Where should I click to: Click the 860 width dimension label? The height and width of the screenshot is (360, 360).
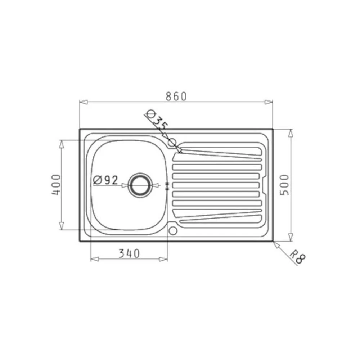tap(176, 96)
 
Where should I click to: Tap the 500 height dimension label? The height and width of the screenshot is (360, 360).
tap(284, 185)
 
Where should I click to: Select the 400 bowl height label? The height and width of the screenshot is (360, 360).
tap(56, 185)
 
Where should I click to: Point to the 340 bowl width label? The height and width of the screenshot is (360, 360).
tap(129, 253)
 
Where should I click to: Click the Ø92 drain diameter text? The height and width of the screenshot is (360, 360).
tap(105, 180)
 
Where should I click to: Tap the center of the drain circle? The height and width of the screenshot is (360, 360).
tap(140, 185)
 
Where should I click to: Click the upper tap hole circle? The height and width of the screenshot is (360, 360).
tap(172, 143)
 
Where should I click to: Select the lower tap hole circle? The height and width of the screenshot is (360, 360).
tap(173, 231)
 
